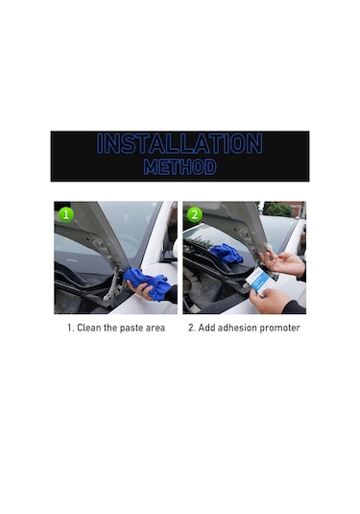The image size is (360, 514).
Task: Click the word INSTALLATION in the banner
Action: pos(180,145)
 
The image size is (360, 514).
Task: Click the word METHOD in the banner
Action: pos(180,167)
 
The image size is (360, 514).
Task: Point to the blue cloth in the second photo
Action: pos(226,253)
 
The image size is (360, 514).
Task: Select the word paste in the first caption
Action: pos(122,329)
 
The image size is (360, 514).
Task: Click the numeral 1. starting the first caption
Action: pos(69,329)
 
